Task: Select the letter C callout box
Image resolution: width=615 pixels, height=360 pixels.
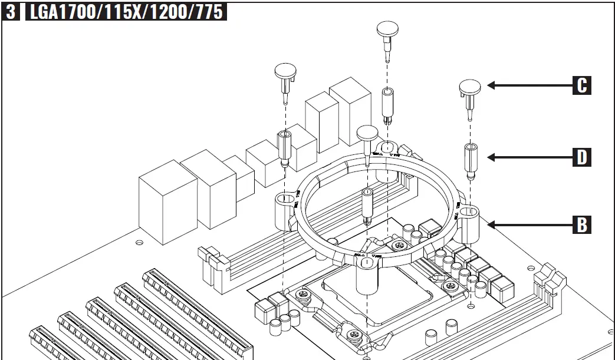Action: [581, 85]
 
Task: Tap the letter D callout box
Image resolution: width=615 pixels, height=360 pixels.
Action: [581, 157]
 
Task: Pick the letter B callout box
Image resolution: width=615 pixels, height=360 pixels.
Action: [581, 224]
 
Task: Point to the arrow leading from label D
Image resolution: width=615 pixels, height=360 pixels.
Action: [528, 157]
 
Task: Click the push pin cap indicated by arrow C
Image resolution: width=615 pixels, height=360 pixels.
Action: [470, 87]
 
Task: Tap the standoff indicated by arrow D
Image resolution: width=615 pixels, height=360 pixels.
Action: [471, 160]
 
